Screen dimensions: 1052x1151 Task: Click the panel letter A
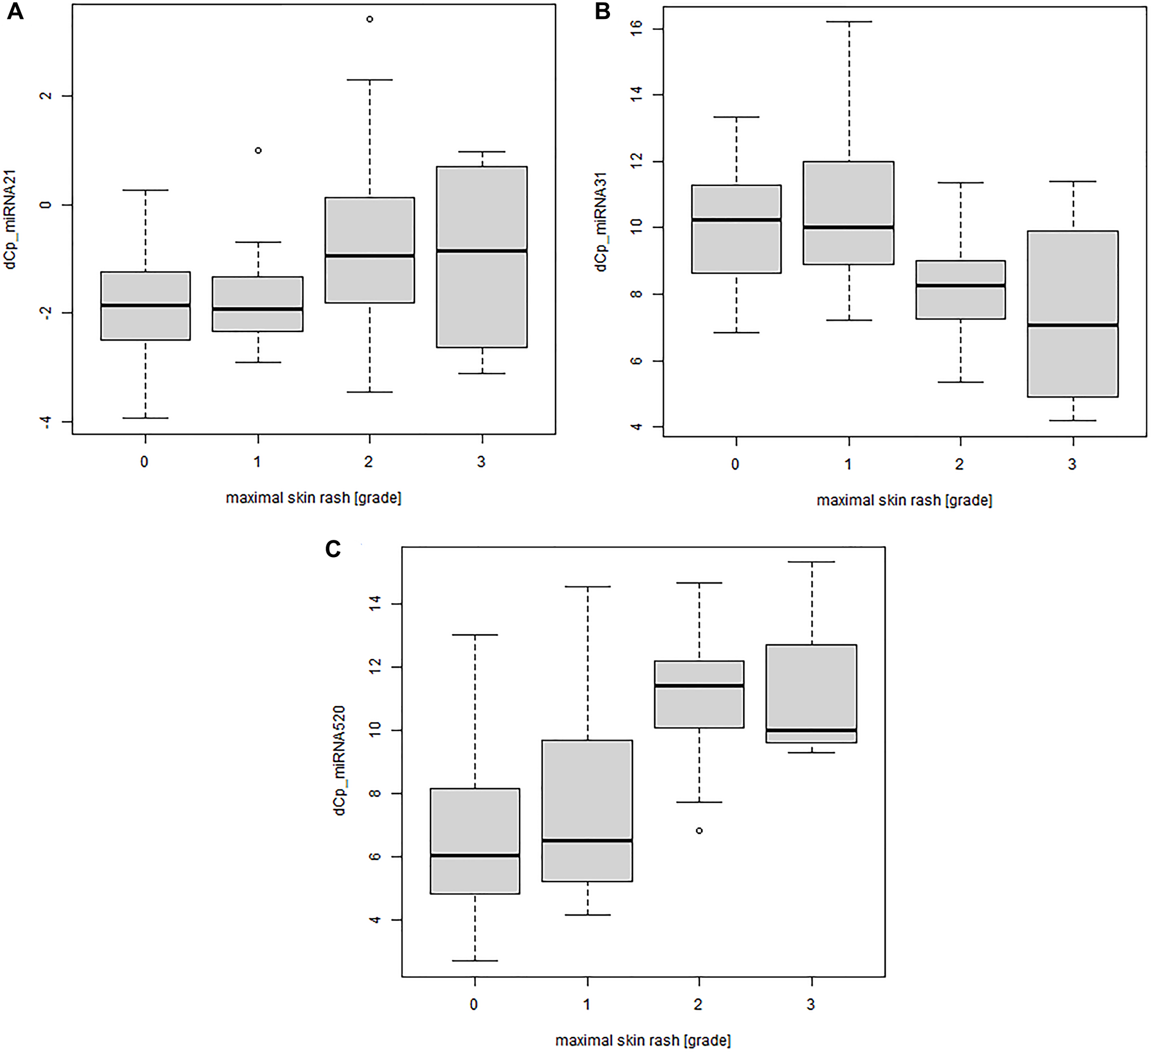coord(15,12)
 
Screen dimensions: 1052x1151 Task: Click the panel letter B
coord(602,12)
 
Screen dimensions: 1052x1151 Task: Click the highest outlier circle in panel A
coord(369,19)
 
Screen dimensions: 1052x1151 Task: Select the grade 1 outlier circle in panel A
coord(258,150)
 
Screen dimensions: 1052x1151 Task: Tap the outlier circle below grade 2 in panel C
coord(699,830)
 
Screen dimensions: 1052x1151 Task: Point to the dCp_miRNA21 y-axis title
coord(10,219)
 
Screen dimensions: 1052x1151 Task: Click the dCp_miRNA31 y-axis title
coord(601,222)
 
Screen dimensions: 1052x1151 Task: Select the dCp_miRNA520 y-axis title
coord(340,760)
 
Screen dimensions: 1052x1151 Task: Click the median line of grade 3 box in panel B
coord(1073,325)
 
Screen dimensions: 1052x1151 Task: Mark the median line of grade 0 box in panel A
coord(145,305)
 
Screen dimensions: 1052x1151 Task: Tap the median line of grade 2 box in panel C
coord(699,685)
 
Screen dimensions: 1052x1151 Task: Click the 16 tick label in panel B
coord(636,28)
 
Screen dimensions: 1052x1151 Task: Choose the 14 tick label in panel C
coord(375,603)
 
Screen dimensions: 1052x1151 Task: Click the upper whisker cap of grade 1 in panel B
coord(849,22)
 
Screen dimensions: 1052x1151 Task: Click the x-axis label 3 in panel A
coord(481,462)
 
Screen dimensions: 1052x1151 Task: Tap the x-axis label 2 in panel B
coord(959,464)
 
